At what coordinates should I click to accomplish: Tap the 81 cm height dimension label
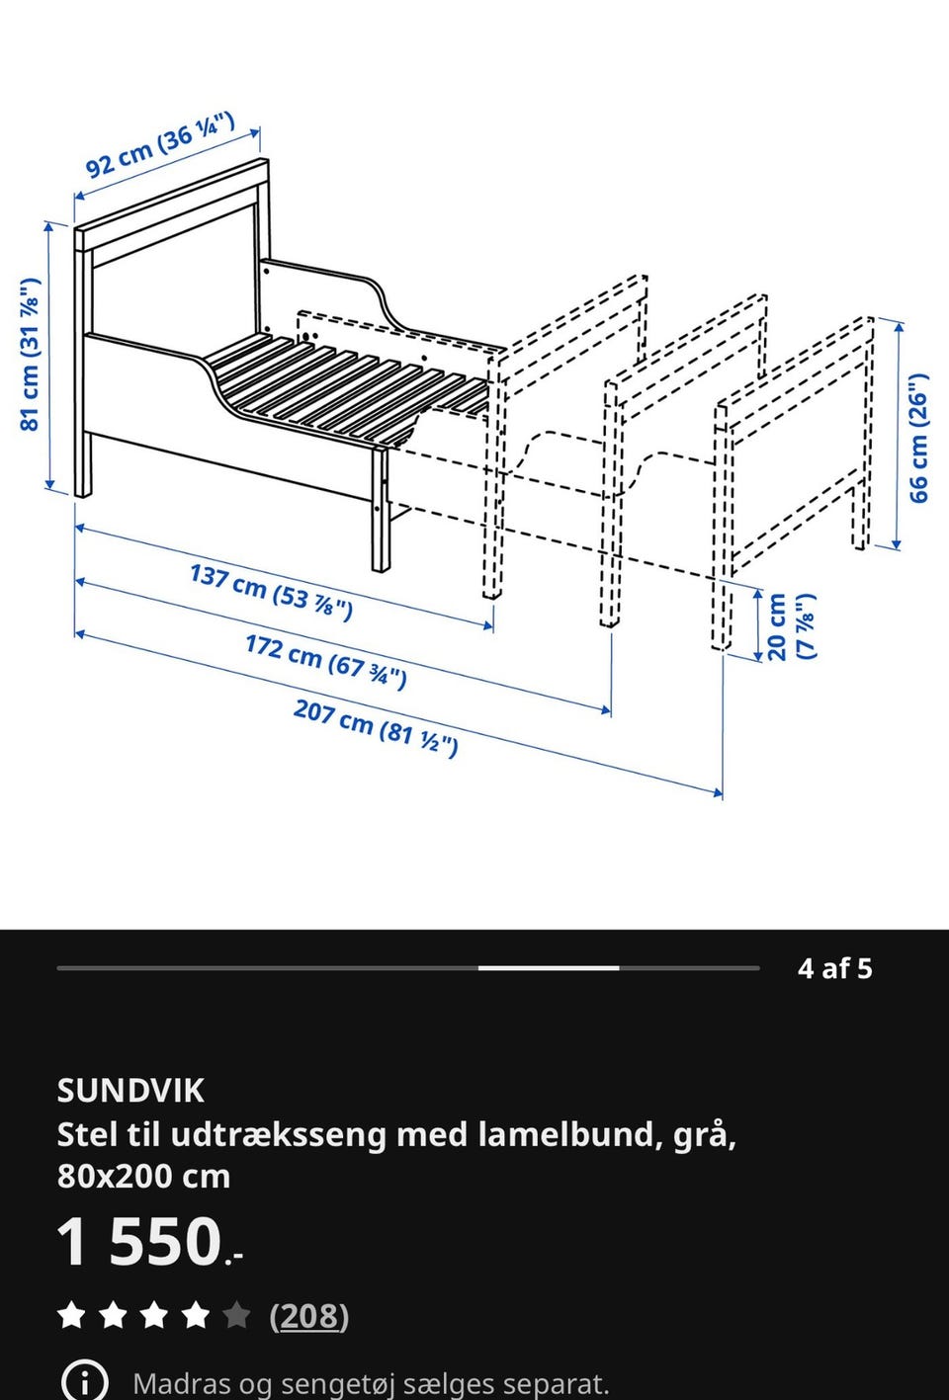(31, 354)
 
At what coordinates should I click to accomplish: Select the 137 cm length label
(271, 591)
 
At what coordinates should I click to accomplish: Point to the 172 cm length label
(325, 661)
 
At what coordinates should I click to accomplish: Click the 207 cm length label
(376, 726)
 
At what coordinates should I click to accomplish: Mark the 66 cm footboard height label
(919, 438)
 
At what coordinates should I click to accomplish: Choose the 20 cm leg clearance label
(790, 626)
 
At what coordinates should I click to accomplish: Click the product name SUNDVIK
(130, 1091)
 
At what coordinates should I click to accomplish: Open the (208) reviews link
(308, 1316)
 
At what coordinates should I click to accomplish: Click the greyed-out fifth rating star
(236, 1316)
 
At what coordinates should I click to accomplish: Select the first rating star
(71, 1316)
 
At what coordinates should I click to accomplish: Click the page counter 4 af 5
(835, 968)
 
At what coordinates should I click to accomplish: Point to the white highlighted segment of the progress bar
(549, 968)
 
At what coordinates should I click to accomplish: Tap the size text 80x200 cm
(143, 1177)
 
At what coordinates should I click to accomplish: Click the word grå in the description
(703, 1134)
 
